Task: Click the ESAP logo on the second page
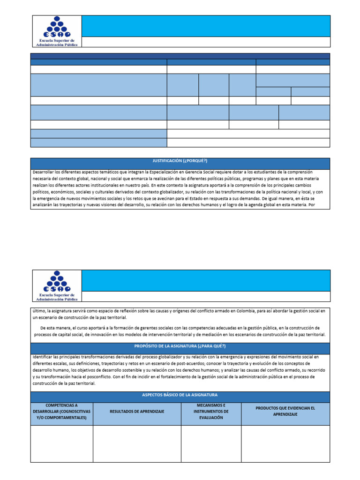tap(56, 282)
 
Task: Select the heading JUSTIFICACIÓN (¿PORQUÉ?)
tap(180, 161)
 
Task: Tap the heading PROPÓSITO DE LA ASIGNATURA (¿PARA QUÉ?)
tap(180, 346)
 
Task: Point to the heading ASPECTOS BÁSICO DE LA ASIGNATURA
tap(180, 395)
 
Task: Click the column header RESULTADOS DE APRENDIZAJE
tap(137, 411)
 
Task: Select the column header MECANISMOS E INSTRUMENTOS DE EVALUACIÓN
tap(211, 411)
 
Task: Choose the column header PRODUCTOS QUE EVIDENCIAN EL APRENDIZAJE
tap(285, 411)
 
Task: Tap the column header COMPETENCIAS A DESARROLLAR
tap(62, 411)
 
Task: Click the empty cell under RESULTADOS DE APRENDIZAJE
tap(137, 443)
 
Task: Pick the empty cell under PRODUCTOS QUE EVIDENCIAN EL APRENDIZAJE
tap(285, 443)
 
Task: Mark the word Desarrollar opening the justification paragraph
tap(46, 172)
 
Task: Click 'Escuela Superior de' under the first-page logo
tap(56, 40)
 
